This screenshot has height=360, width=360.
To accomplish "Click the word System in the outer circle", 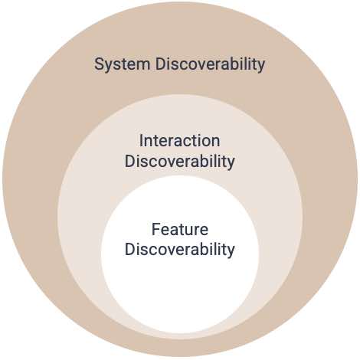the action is tap(122, 64).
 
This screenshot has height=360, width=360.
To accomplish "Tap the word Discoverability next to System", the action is tap(210, 64).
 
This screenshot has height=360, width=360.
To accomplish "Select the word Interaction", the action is tap(179, 141).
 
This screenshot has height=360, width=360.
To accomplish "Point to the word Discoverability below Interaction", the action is tap(179, 162).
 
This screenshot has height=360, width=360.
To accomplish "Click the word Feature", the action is tap(180, 229).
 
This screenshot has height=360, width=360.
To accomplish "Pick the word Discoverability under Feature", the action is tap(179, 249).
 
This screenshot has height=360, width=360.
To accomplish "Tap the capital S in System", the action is tap(100, 64).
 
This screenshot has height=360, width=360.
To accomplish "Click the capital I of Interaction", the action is tap(141, 141).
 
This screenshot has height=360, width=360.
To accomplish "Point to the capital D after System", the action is tap(161, 64).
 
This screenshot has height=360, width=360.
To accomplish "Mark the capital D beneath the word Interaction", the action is tap(130, 161).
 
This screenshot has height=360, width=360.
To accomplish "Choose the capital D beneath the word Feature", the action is tap(130, 249).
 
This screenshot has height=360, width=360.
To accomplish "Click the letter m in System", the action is tap(143, 66).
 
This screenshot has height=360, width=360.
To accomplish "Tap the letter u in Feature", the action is tap(189, 231).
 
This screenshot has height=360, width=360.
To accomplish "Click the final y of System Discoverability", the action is tap(260, 67).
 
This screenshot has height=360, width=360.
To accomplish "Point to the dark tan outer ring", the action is tap(31, 178).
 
